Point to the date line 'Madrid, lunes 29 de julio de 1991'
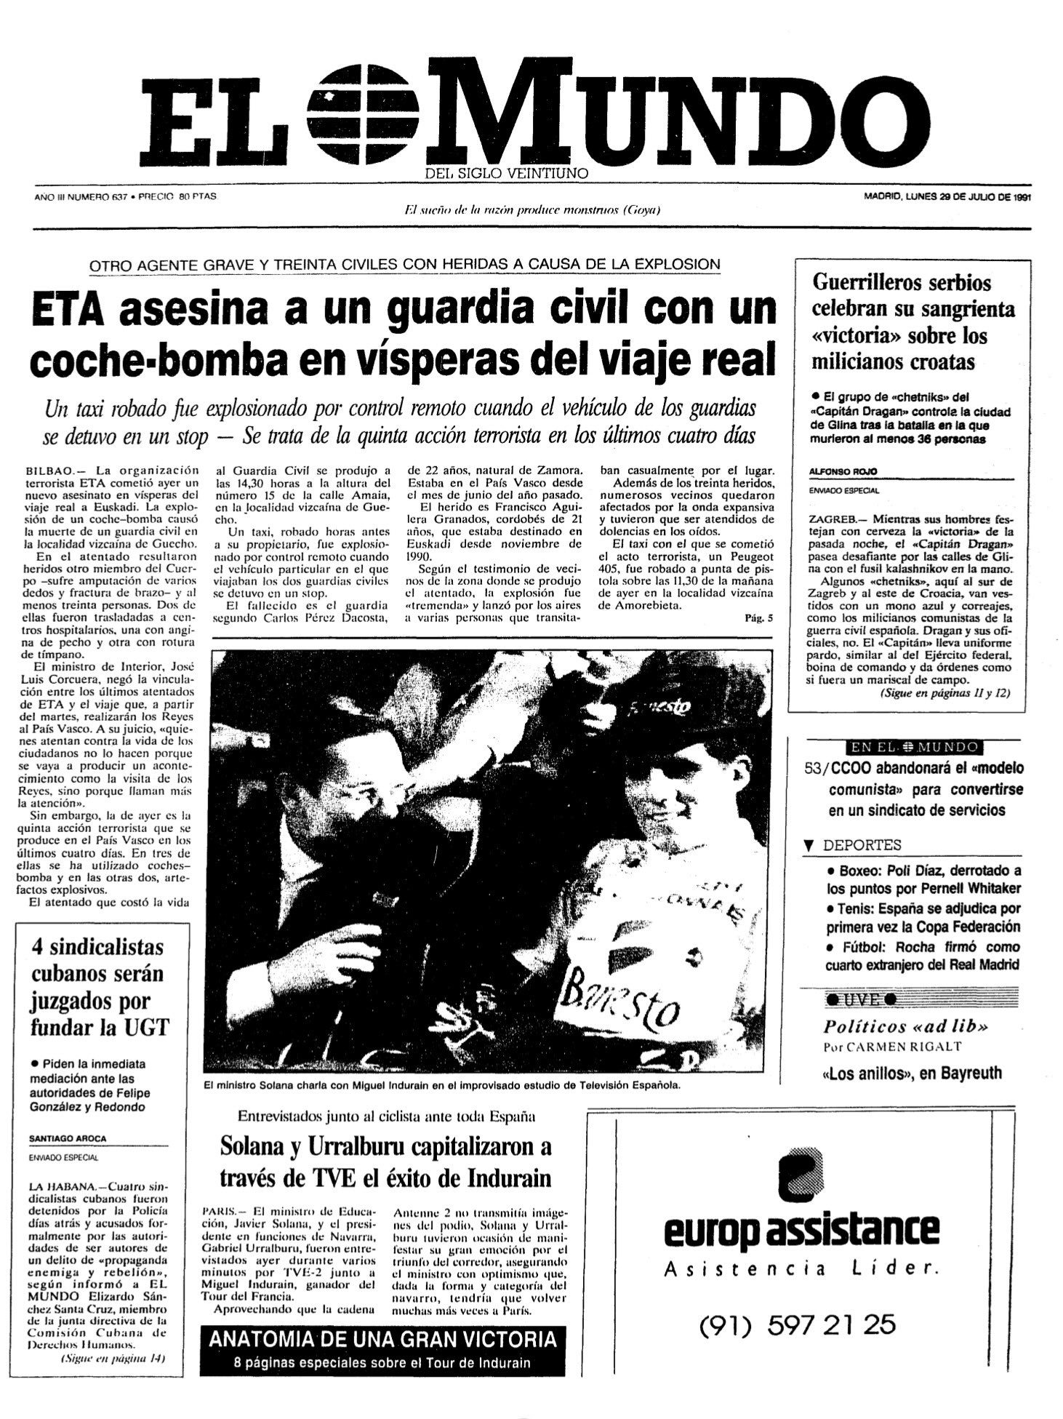[947, 196]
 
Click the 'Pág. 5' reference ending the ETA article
[759, 617]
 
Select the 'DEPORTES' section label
[862, 845]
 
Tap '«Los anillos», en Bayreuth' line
[912, 1073]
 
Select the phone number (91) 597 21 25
[797, 1325]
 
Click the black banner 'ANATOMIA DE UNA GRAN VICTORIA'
[382, 1338]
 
